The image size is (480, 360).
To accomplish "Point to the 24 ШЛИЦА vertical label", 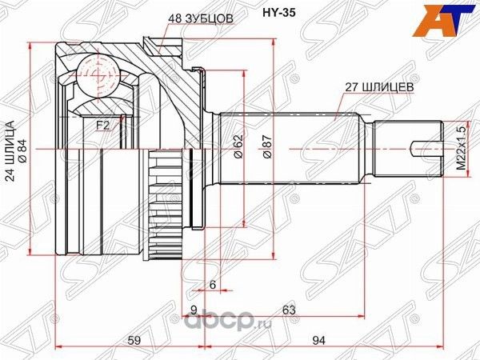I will (11, 152).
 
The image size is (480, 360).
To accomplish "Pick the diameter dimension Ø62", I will (238, 144).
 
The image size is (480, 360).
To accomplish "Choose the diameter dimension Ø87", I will (267, 144).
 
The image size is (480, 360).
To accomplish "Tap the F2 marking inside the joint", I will (102, 124).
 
